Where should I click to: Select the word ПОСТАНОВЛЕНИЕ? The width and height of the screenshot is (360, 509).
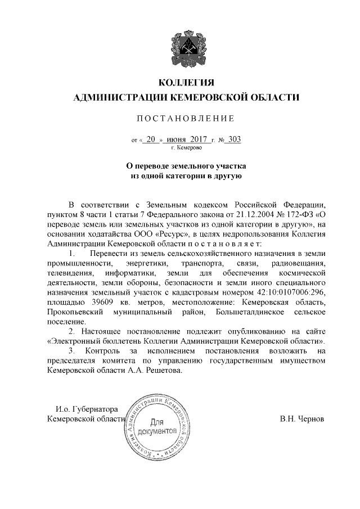179,119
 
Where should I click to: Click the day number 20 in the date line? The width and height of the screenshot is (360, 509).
150,139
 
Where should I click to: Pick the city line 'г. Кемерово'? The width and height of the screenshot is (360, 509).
182,148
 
